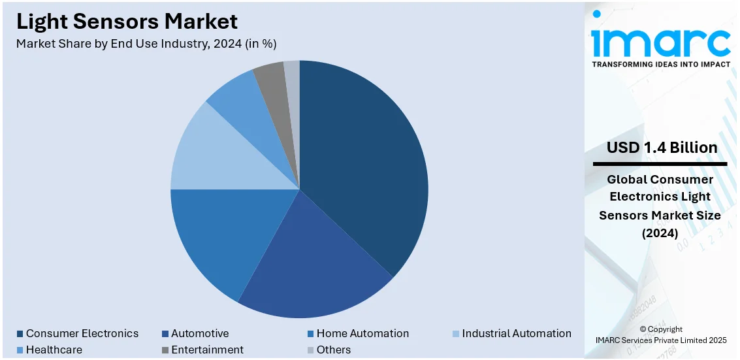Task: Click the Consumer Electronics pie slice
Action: [366, 163]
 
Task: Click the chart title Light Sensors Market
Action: [127, 22]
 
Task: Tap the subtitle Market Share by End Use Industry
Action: [146, 44]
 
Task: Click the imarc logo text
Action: [661, 41]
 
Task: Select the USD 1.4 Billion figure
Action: [662, 148]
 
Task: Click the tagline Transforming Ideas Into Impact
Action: [661, 65]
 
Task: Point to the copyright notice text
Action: [661, 335]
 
